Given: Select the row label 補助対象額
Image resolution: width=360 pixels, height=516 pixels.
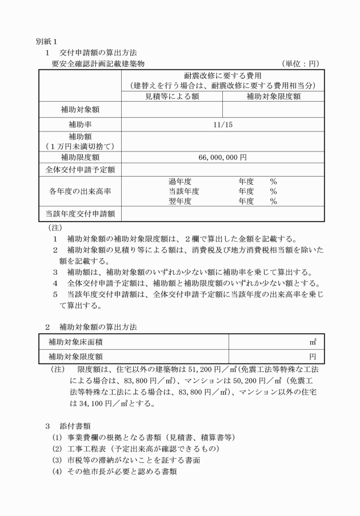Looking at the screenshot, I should pos(80,109).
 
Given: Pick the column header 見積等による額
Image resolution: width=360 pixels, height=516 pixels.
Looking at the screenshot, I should pos(171,97).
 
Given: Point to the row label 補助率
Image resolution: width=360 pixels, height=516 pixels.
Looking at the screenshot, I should pos(80,124).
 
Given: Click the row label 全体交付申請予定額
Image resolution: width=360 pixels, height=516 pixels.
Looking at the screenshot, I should pos(80,170).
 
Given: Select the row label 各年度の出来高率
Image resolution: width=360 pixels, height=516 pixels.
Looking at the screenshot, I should pos(80,191).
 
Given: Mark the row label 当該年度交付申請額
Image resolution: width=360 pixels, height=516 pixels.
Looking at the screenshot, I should pos(80,214).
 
